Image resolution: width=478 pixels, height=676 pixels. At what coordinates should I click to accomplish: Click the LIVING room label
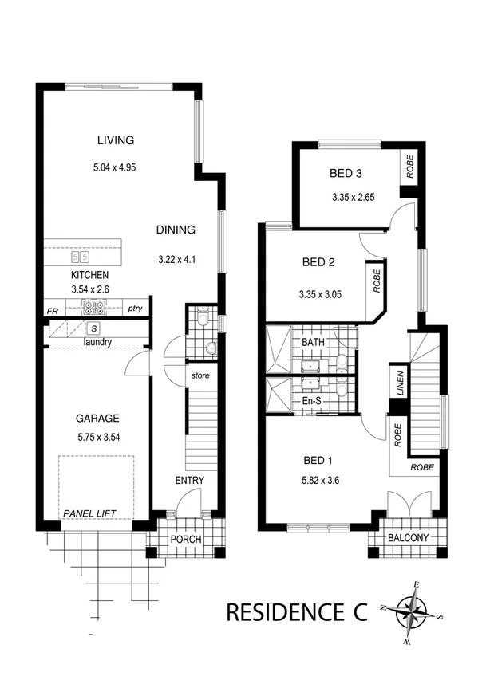tap(116, 140)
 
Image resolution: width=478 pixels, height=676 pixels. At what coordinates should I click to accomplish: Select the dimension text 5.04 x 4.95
tap(116, 169)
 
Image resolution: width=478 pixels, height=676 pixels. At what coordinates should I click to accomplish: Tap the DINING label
tap(176, 230)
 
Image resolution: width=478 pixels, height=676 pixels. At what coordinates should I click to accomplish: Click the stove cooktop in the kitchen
tap(95, 308)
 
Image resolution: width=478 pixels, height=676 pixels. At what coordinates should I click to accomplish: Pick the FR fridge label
tap(52, 309)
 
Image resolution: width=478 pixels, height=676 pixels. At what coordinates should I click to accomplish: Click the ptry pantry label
tap(134, 309)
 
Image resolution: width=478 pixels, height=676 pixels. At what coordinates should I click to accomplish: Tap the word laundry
tap(97, 342)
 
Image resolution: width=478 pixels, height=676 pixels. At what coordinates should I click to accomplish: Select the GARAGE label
tap(97, 418)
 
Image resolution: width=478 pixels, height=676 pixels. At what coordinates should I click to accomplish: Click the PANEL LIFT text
tap(92, 513)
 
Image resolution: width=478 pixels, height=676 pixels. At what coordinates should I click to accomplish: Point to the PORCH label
tap(185, 539)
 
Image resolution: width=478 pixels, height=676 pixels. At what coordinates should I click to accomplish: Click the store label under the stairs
tap(199, 373)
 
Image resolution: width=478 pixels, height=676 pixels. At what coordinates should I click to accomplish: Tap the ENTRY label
tap(189, 480)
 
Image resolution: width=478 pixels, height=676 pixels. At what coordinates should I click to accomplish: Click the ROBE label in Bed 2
tap(375, 281)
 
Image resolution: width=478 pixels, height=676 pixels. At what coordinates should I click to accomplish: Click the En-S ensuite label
tap(310, 400)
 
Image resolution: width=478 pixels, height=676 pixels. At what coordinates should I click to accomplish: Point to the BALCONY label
tap(408, 538)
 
